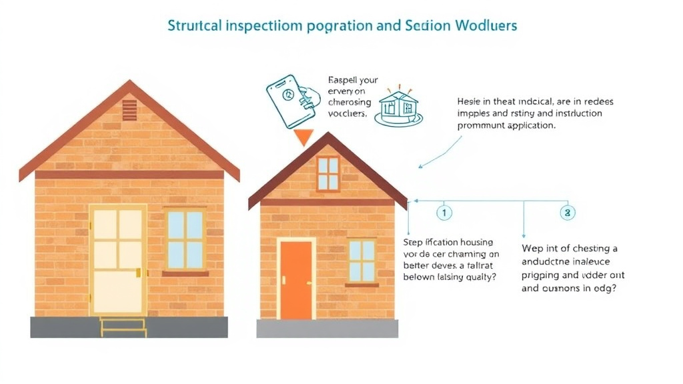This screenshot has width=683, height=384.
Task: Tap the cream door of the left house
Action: tap(118, 259)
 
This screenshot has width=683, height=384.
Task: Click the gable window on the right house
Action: tap(327, 173)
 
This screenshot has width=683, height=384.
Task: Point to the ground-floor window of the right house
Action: tap(362, 261)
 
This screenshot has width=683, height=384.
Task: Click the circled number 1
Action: tap(444, 213)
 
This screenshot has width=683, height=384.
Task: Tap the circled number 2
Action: tap(567, 213)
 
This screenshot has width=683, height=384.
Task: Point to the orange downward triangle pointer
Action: tap(303, 137)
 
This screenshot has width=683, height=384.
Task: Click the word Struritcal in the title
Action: tap(193, 26)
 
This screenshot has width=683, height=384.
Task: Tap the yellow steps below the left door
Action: tap(123, 326)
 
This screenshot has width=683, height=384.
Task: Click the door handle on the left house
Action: tap(139, 272)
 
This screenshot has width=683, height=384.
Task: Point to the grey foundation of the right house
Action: tap(327, 328)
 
